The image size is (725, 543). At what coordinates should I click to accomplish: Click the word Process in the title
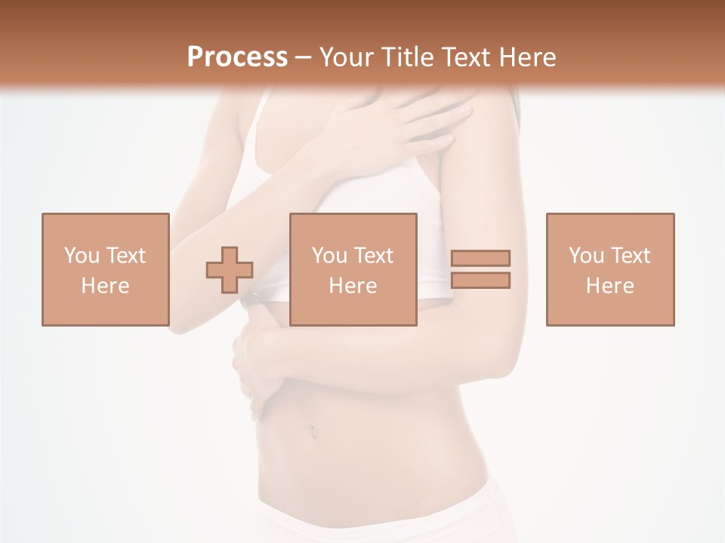pyautogui.click(x=237, y=57)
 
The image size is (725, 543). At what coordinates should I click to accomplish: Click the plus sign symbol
pyautogui.click(x=230, y=270)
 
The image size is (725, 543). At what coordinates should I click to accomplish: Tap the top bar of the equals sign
pyautogui.click(x=480, y=258)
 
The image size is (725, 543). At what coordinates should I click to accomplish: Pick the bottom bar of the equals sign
pyautogui.click(x=480, y=280)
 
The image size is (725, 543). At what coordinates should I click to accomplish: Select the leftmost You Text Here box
pyautogui.click(x=105, y=269)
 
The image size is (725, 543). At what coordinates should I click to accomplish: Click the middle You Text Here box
pyautogui.click(x=353, y=269)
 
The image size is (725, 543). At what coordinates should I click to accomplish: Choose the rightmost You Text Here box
pyautogui.click(x=609, y=269)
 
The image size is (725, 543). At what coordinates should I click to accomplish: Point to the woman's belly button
pyautogui.click(x=310, y=431)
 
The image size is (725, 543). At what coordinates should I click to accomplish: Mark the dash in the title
pyautogui.click(x=304, y=57)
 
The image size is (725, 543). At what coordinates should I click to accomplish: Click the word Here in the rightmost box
pyautogui.click(x=609, y=286)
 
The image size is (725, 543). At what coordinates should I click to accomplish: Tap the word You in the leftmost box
pyautogui.click(x=82, y=255)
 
